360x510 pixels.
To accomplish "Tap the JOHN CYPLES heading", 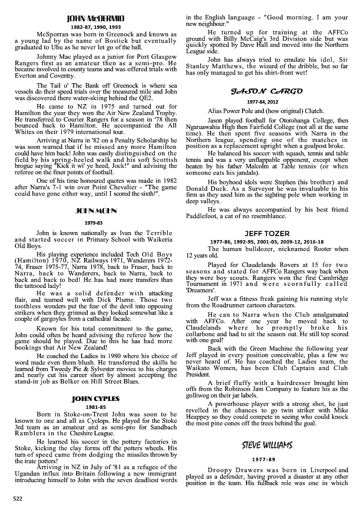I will [96, 398].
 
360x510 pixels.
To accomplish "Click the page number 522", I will [17, 498].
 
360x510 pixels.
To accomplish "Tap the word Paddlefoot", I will [203, 216].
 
